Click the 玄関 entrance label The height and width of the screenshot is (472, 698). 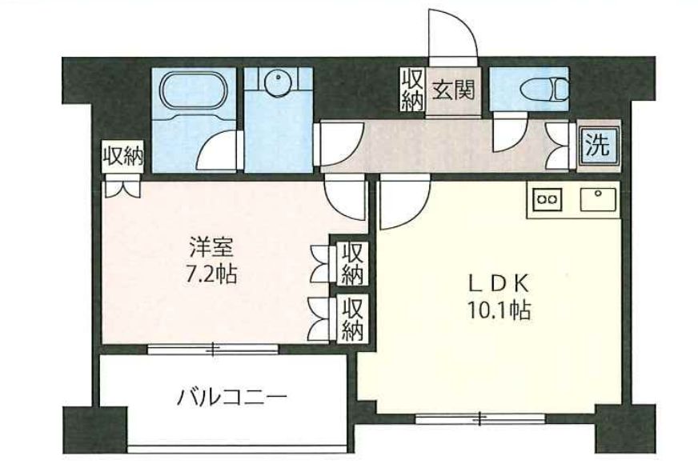453,89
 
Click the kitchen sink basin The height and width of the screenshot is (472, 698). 596,198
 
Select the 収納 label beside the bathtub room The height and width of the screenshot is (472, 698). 122,155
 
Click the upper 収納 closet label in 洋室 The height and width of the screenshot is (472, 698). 353,262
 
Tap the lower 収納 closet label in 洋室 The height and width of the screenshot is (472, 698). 352,318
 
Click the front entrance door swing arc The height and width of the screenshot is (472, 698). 452,32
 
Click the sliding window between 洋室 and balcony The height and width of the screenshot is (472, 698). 213,348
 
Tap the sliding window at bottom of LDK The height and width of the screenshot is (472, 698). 479,417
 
